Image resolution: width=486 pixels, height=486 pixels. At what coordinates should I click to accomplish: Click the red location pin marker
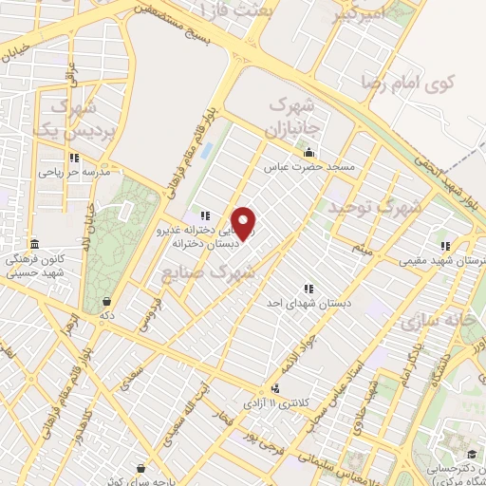244,224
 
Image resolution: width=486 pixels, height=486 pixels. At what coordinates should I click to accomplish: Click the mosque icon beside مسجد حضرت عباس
308,152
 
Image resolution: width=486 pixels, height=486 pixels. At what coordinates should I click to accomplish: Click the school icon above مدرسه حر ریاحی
74,159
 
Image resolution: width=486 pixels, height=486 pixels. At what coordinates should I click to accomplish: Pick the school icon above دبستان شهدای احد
308,288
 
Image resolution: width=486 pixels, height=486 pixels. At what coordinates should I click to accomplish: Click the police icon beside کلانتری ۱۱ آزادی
275,388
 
